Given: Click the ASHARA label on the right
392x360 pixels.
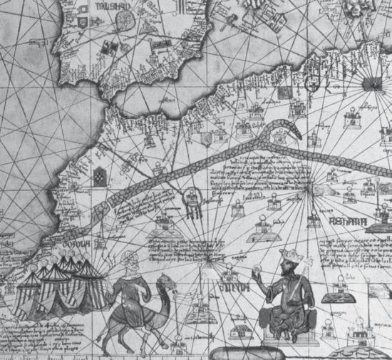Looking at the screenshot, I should pos(355,221).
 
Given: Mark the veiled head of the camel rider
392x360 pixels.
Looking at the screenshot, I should pos(127,259).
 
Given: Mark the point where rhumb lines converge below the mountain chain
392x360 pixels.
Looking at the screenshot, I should pos(309,188).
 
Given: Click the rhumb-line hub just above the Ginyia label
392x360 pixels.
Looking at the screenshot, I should pos(208,260).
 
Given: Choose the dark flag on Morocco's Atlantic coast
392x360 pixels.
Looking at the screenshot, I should pos(98,171).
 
